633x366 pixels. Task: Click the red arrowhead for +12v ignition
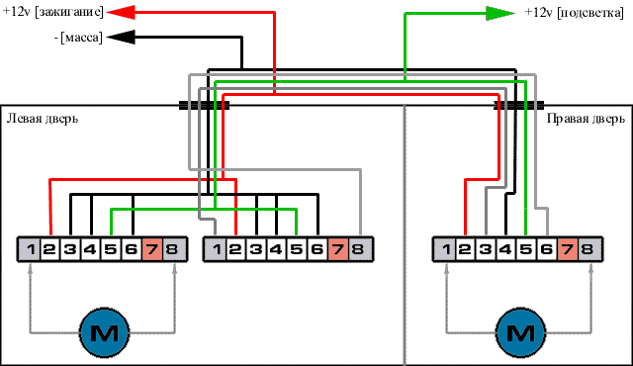(x=121, y=12)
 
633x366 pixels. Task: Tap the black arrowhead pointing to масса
(x=121, y=38)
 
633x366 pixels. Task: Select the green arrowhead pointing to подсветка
(x=499, y=13)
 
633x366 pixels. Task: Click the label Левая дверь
(x=43, y=119)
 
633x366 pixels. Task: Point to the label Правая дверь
(x=586, y=119)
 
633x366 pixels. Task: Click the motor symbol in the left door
(x=105, y=332)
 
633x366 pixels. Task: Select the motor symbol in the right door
(x=521, y=332)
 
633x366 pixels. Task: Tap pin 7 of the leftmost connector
(x=152, y=249)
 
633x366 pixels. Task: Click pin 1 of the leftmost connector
(x=29, y=249)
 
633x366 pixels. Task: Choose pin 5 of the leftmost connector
(x=111, y=249)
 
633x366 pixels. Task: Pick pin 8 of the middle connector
(x=359, y=249)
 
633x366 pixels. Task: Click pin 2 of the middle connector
(x=235, y=249)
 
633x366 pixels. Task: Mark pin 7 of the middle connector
(x=338, y=249)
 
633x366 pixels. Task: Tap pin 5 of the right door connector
(x=525, y=249)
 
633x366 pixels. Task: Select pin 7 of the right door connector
(x=568, y=249)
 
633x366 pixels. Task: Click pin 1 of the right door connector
(x=444, y=249)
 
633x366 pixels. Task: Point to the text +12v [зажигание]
(x=53, y=12)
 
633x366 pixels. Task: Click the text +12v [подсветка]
(x=575, y=13)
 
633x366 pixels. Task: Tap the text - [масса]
(x=78, y=38)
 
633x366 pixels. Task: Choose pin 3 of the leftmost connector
(x=70, y=249)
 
